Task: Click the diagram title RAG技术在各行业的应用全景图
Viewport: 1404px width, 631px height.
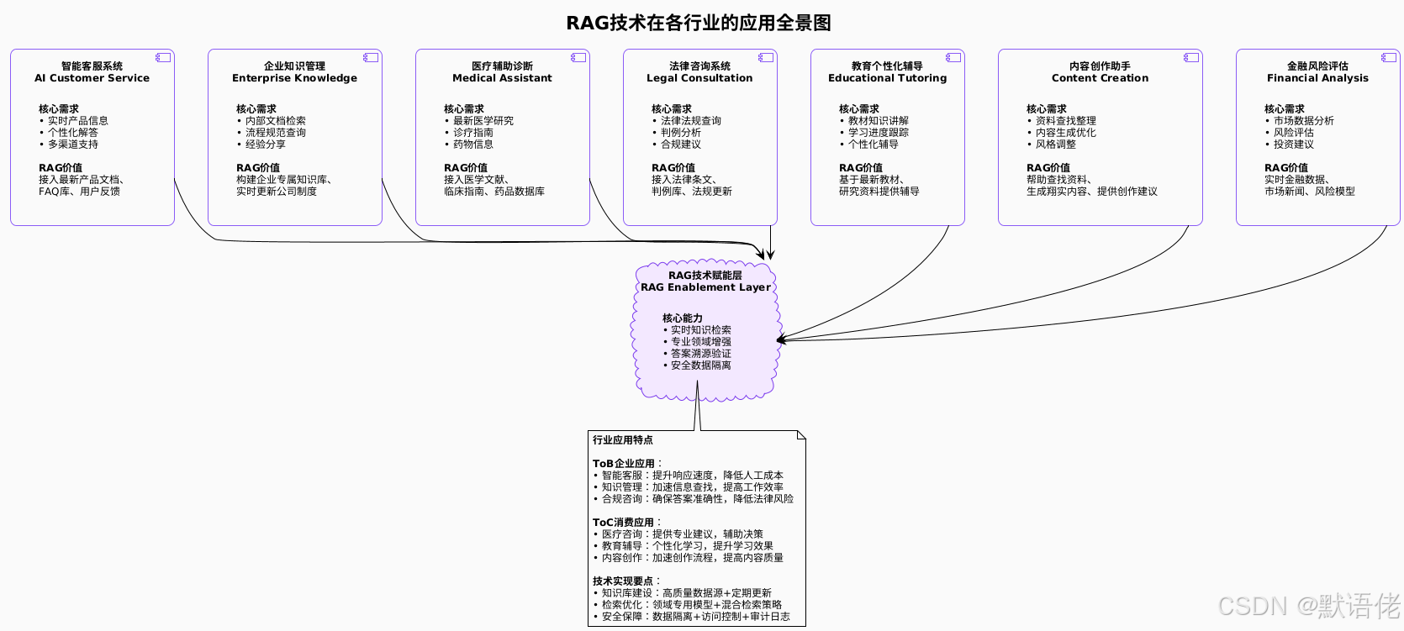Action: pos(699,23)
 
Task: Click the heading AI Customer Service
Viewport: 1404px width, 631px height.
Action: pos(92,78)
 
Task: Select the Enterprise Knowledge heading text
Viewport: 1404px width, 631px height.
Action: pos(294,78)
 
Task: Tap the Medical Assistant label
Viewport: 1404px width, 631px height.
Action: pos(502,78)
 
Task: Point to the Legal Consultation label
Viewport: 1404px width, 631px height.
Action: pos(699,78)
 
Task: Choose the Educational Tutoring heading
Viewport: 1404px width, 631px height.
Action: pos(887,78)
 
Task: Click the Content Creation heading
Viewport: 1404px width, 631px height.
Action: pos(1100,78)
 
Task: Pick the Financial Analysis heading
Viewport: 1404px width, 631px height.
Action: pos(1317,78)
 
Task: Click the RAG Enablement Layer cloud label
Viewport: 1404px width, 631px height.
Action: pos(705,287)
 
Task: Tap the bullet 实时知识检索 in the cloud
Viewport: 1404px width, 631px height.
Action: pos(700,330)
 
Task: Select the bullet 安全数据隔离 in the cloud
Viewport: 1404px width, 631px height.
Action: pos(700,365)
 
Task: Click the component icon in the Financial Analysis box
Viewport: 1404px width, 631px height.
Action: pos(1388,57)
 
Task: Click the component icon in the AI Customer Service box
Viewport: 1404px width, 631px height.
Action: pos(163,57)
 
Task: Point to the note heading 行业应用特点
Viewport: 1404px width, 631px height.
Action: pos(622,440)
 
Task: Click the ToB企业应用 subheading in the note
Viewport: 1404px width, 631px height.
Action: pos(624,464)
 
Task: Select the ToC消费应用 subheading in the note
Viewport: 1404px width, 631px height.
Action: pos(623,523)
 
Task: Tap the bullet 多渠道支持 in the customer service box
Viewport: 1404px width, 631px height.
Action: pos(72,145)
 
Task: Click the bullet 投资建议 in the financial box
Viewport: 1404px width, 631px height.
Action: pos(1293,145)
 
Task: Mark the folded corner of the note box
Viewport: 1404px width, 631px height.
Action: pos(801,435)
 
